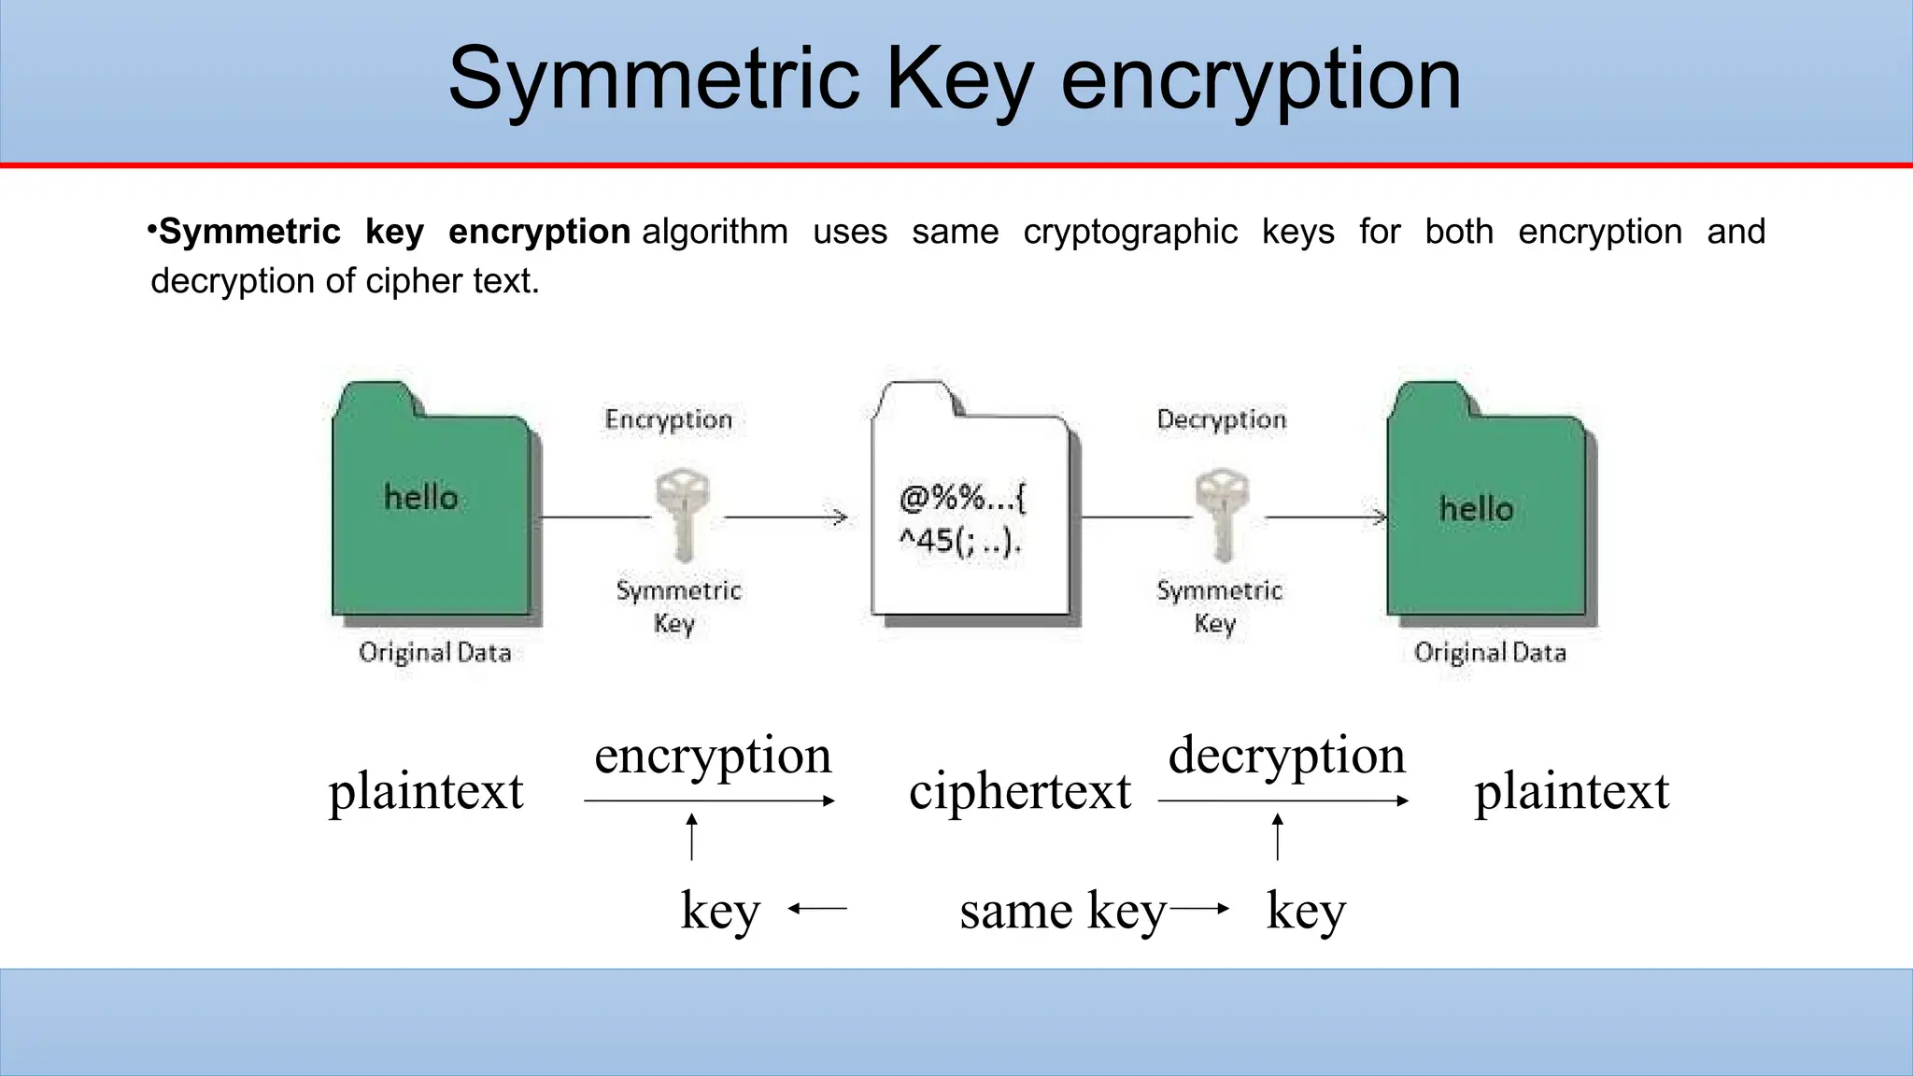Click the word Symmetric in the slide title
point(653,80)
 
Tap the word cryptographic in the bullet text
point(1129,232)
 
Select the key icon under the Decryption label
point(1222,514)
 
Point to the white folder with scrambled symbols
point(971,504)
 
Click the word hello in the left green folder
point(421,498)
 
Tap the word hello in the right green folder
point(1476,509)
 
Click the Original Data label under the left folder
point(435,652)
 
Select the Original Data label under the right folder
point(1490,652)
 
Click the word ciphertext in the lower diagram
point(1020,791)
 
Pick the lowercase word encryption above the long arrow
point(713,756)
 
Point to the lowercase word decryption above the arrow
point(1286,756)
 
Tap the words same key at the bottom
point(1063,911)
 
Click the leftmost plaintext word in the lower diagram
point(426,791)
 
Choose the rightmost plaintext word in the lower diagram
point(1571,791)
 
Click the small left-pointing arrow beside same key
point(817,908)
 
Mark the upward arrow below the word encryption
point(691,836)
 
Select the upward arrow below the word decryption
point(1277,836)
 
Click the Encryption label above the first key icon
point(669,420)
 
